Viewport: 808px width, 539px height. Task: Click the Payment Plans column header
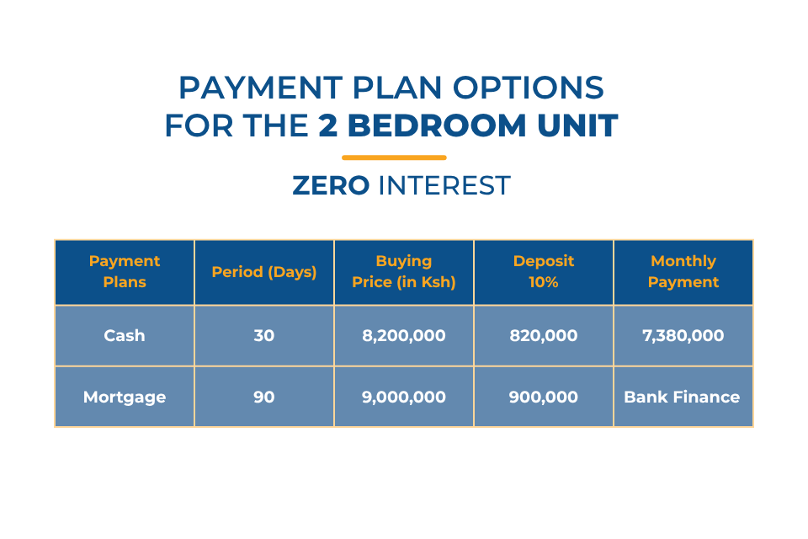[x=125, y=271]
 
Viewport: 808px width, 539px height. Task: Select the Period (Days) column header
[x=263, y=272]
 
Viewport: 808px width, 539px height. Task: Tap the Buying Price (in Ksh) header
[x=403, y=271]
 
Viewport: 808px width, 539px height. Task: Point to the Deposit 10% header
[x=544, y=271]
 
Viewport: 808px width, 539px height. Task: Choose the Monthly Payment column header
[x=683, y=271]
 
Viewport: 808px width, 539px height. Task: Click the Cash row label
[x=125, y=335]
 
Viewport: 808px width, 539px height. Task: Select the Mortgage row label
[x=125, y=397]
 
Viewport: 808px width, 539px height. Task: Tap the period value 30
[x=263, y=335]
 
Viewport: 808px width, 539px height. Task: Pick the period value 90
[x=263, y=397]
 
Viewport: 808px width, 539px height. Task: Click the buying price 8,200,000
[x=403, y=336]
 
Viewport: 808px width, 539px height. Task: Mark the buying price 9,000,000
[x=403, y=398]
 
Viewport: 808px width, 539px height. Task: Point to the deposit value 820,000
[x=544, y=336]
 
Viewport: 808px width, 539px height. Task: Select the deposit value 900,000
[x=544, y=398]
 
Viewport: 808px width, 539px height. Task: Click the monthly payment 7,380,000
[x=683, y=336]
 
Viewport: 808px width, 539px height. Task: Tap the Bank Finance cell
[x=682, y=397]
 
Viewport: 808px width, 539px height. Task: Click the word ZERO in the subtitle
[x=331, y=185]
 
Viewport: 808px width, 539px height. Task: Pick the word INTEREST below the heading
[x=444, y=185]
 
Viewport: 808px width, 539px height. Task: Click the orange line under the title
[x=394, y=157]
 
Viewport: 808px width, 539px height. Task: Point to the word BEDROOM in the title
[x=438, y=125]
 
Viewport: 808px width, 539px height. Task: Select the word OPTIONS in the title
[x=529, y=88]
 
